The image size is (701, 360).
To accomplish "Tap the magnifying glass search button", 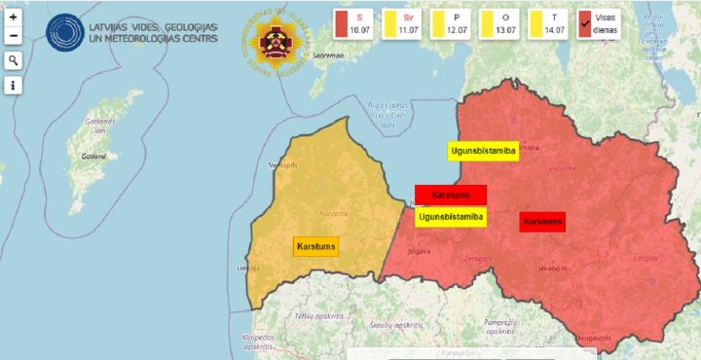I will tap(14, 60).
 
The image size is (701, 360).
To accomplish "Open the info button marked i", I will tap(14, 86).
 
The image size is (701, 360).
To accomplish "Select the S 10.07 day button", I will tap(355, 24).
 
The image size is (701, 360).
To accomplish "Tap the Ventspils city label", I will tap(283, 165).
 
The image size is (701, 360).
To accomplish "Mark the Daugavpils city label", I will tap(593, 337).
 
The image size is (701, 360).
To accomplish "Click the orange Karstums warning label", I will tap(316, 246).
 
